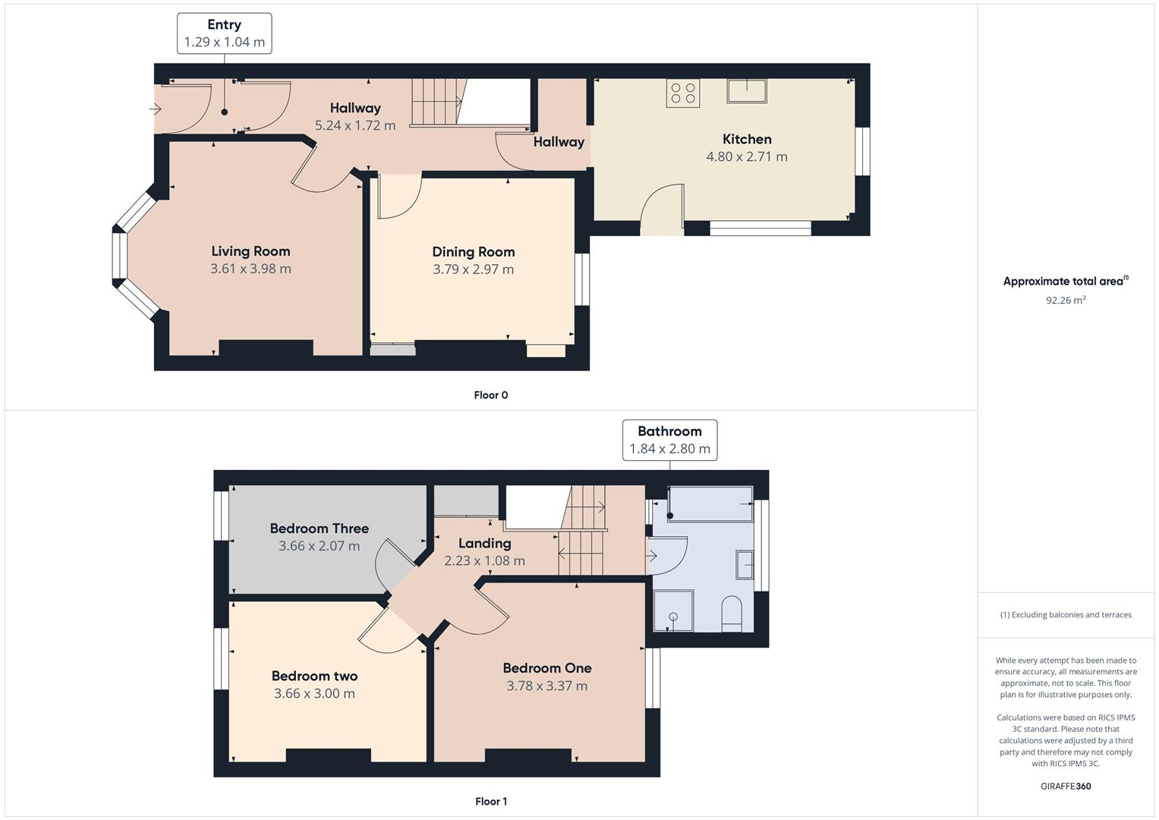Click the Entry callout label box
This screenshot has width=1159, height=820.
click(224, 33)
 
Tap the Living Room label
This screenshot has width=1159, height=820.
click(250, 251)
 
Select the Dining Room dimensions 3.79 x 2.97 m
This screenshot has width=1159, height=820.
click(473, 270)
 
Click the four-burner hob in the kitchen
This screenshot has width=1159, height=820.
click(682, 93)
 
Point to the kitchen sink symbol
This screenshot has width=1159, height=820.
click(746, 90)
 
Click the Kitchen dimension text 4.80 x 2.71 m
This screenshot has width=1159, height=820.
click(747, 157)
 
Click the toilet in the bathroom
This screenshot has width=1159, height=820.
click(732, 613)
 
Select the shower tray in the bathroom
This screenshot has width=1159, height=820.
click(672, 611)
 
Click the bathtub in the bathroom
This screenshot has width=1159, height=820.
click(710, 504)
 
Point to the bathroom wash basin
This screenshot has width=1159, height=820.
click(745, 565)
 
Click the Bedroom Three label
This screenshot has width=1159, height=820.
click(319, 528)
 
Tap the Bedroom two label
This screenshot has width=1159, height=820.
click(314, 676)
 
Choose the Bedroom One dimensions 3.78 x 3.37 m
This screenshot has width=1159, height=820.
click(546, 686)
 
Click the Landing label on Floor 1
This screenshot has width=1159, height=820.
click(484, 544)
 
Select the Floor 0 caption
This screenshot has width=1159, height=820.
click(490, 395)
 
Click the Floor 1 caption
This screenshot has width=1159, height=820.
click(490, 801)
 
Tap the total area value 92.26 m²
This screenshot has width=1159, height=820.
click(1066, 301)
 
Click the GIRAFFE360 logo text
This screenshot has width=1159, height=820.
click(1066, 787)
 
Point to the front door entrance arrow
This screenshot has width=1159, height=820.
click(156, 109)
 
